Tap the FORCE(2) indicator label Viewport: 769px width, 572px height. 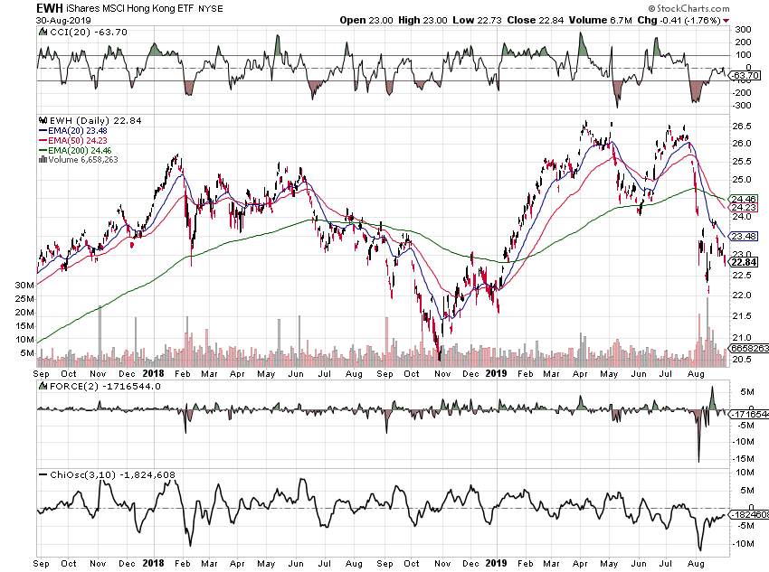click(x=67, y=386)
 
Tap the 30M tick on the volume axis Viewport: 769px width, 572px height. click(x=25, y=285)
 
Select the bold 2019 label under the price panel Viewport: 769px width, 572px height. click(x=496, y=372)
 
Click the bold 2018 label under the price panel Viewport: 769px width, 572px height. click(x=152, y=372)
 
